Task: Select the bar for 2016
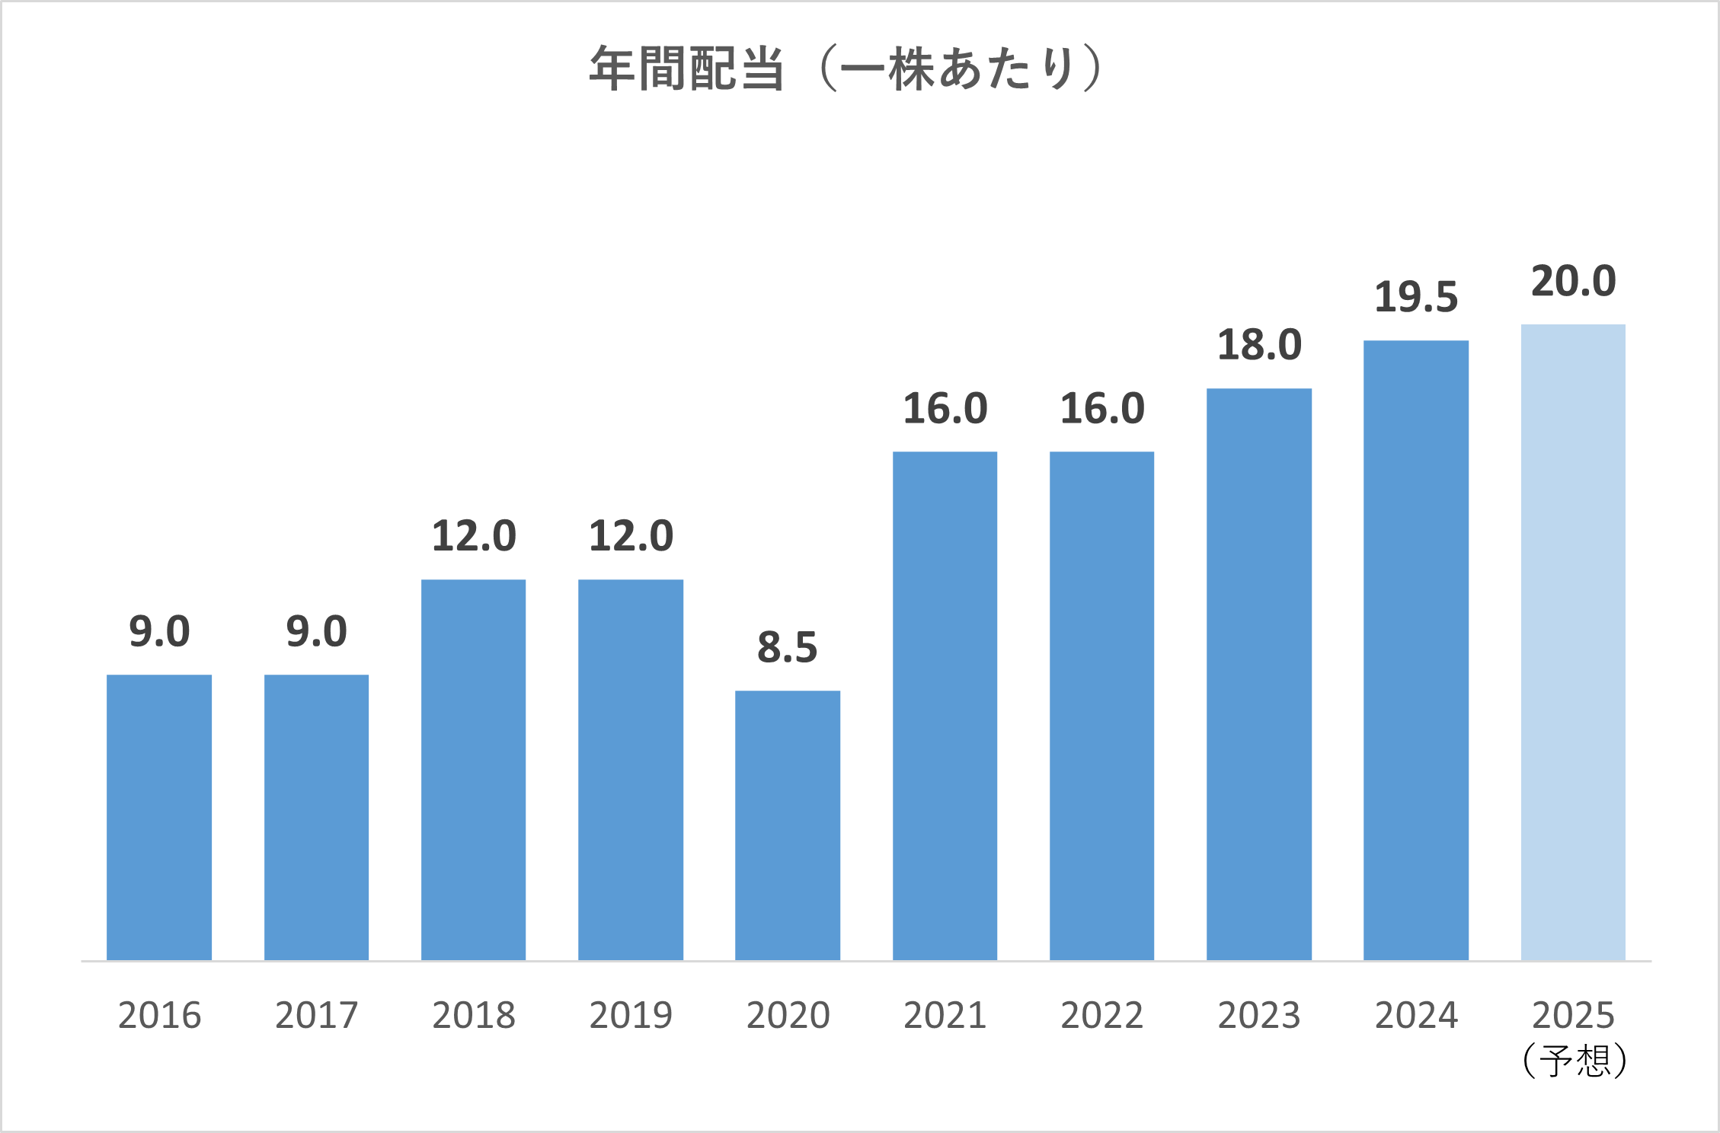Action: click(x=159, y=817)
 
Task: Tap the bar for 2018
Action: click(x=473, y=769)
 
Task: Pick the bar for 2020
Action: click(x=788, y=825)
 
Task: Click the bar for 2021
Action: click(x=945, y=705)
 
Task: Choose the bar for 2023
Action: click(x=1259, y=674)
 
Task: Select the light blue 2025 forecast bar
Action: click(x=1573, y=642)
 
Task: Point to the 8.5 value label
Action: click(x=788, y=647)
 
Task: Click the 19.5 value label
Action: click(x=1416, y=297)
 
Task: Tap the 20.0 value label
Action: click(x=1574, y=281)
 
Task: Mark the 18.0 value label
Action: click(x=1259, y=345)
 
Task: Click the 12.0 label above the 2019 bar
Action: click(x=631, y=536)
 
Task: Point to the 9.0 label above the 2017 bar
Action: click(x=317, y=631)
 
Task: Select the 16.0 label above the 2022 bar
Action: click(x=1102, y=409)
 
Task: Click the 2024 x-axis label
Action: click(x=1416, y=1015)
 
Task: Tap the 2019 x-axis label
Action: click(x=631, y=1015)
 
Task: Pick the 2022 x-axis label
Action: click(x=1102, y=1015)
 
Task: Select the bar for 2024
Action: click(x=1416, y=649)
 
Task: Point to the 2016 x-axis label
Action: click(x=159, y=1015)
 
